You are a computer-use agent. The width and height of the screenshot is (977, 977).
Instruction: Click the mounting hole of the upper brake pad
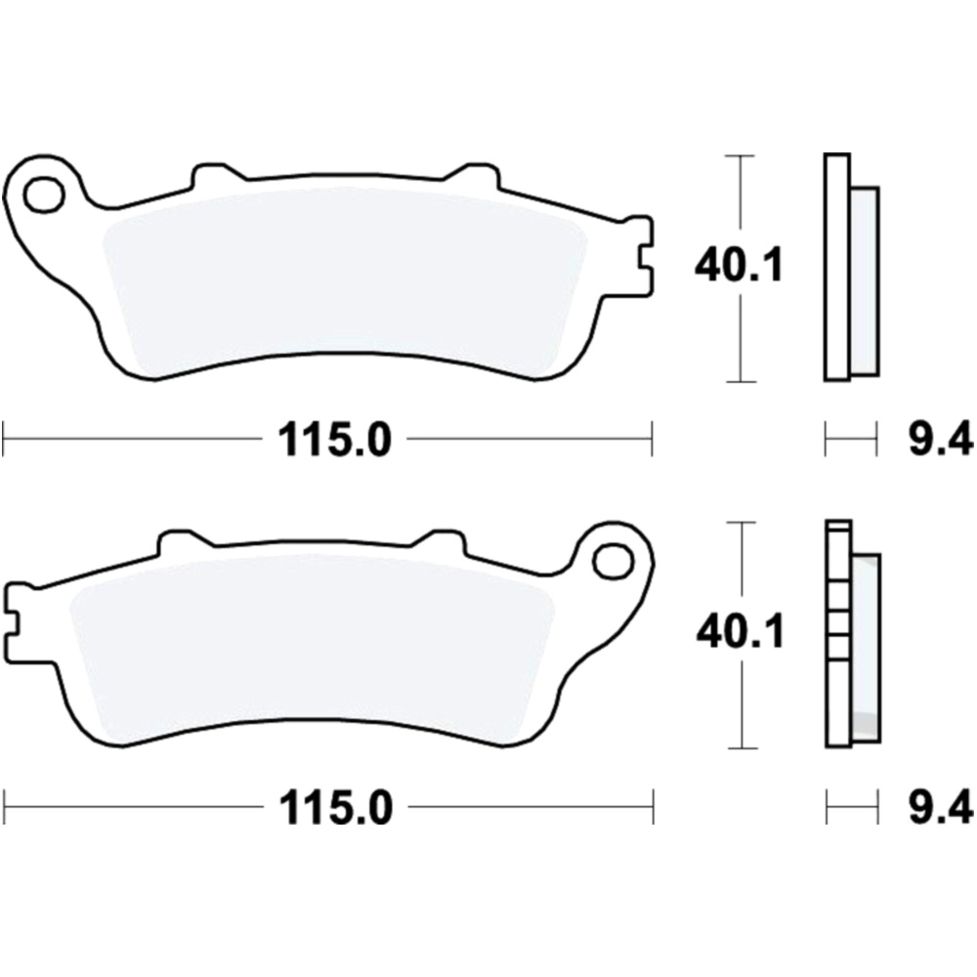(43, 195)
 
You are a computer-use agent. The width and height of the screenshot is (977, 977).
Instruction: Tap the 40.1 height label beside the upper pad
(739, 265)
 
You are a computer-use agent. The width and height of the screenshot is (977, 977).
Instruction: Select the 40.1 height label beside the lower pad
(740, 633)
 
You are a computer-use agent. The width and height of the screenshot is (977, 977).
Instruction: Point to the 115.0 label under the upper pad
(335, 442)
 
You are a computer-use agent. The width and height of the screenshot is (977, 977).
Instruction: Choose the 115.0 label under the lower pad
(335, 808)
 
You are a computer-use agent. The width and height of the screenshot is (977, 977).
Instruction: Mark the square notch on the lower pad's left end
(15, 622)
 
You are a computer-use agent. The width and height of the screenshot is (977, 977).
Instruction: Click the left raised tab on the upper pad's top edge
(217, 176)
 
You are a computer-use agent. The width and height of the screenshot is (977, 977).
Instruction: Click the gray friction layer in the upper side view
(864, 281)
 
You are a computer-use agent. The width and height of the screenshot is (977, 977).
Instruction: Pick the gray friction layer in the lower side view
(866, 645)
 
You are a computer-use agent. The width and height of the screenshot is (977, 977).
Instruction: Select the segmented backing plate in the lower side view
(838, 635)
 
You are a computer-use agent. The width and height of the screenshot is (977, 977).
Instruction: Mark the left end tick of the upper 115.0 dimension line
(4, 440)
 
